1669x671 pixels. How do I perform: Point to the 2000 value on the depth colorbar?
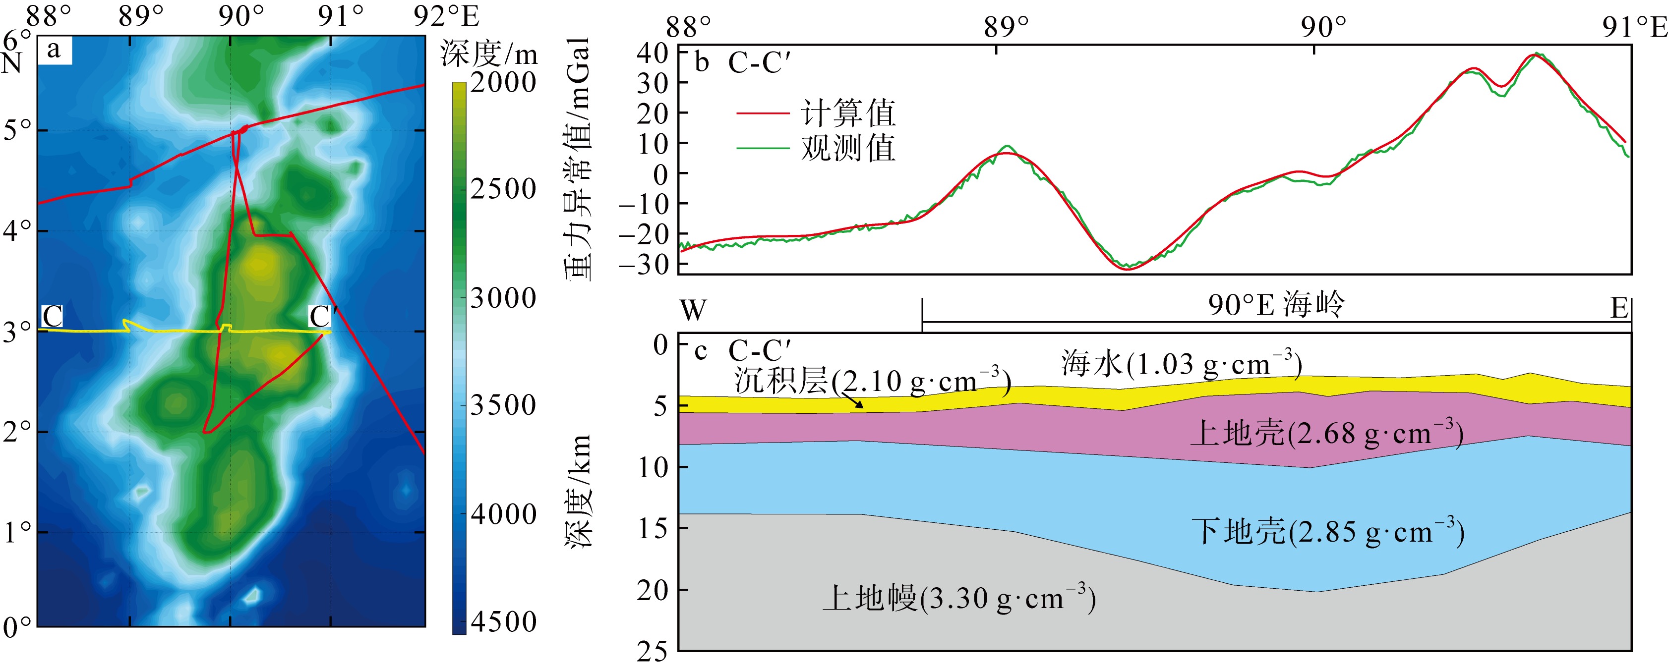pos(503,82)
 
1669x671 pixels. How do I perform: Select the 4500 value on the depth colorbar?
pos(503,622)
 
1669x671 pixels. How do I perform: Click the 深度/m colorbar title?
pos(489,53)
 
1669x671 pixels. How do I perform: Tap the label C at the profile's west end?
pos(52,317)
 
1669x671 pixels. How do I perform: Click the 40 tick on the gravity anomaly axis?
pos(653,53)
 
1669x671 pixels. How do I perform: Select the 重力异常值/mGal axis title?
pos(578,159)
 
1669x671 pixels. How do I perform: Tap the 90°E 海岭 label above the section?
pos(1276,304)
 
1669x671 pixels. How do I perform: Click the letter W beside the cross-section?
pos(693,310)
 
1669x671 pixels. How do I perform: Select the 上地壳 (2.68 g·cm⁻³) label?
pos(1326,433)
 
